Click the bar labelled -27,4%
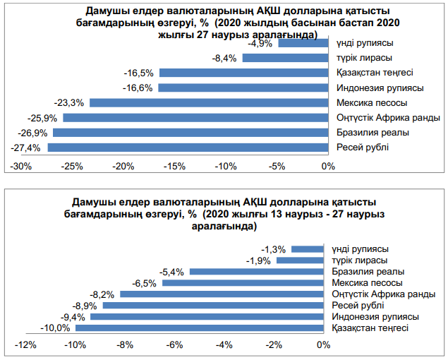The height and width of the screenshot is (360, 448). [x=188, y=148]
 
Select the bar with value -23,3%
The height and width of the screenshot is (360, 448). [x=209, y=102]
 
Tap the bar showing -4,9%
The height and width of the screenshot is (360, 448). [x=303, y=43]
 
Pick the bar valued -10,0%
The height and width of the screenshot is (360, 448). [x=199, y=328]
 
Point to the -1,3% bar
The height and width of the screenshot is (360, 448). [x=307, y=248]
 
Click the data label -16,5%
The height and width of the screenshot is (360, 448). [x=138, y=73]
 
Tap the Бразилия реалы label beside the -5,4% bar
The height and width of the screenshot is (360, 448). [x=368, y=271]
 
